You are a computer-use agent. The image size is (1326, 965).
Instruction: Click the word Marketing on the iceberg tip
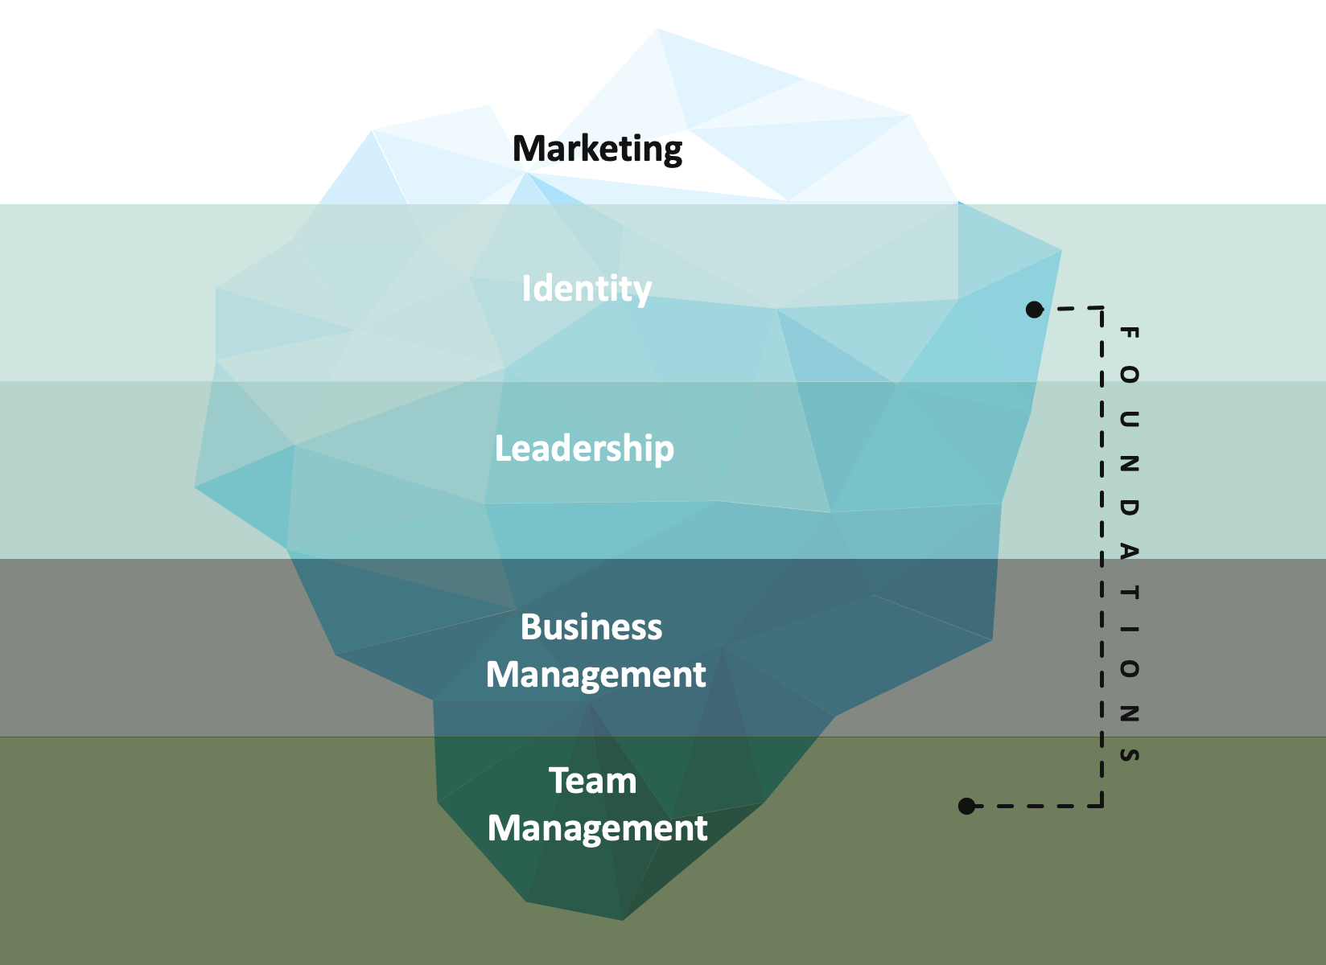597,149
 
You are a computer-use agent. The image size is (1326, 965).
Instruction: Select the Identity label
586,289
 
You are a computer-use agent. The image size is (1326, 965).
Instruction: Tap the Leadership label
584,449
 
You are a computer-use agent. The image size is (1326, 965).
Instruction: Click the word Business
591,627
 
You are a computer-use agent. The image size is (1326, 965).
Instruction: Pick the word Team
593,781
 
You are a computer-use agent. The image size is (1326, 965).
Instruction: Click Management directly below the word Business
596,675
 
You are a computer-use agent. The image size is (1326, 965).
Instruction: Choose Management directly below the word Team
597,828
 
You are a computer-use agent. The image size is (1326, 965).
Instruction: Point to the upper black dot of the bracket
1035,309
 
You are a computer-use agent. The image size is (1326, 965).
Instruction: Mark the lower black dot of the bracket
967,806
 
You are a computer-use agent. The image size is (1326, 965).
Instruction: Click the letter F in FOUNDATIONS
1129,332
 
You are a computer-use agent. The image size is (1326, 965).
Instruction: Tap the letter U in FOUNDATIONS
1129,418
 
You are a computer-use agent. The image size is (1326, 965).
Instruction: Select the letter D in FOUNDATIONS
1129,507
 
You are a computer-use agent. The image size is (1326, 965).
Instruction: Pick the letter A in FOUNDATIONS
1129,551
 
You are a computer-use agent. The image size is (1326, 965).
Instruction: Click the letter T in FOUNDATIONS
1129,593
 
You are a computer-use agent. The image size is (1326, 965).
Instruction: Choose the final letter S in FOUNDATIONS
1129,754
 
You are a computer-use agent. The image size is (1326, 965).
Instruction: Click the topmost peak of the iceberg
657,30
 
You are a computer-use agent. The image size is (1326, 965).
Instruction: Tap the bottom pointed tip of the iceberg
622,919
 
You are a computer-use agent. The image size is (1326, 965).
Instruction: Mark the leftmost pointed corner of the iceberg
196,486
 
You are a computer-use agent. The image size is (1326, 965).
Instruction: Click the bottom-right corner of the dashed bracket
1102,805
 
